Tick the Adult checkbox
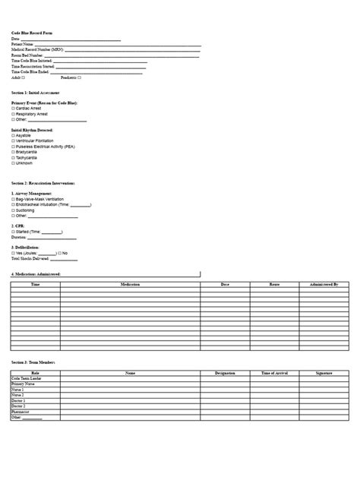[x=24, y=77]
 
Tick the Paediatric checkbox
[x=80, y=77]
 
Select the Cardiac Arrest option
[x=13, y=108]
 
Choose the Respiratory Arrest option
[x=13, y=114]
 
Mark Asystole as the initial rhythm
[x=13, y=134]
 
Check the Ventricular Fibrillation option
[x=13, y=141]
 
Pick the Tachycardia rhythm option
[x=13, y=157]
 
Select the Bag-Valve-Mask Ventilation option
[x=13, y=198]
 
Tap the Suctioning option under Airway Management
[x=13, y=210]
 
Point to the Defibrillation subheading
[x=30, y=247]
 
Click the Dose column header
[x=225, y=284]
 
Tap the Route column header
[x=275, y=284]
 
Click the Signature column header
[x=324, y=374]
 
